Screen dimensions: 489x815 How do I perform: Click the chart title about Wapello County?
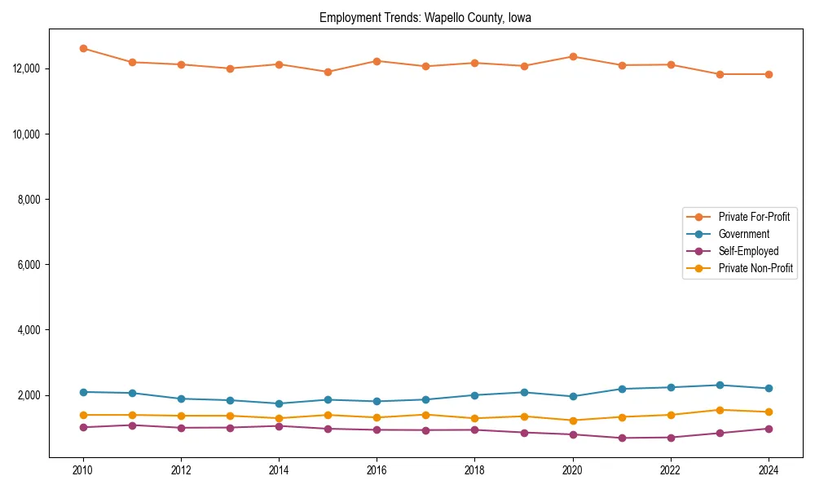pos(425,18)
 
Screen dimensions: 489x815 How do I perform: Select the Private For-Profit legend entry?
pos(754,217)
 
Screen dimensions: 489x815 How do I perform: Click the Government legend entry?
pos(743,234)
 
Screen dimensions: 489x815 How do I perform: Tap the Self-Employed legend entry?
pos(748,251)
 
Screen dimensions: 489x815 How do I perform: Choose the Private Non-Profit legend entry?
pos(756,268)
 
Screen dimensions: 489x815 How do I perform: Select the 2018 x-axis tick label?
pos(474,470)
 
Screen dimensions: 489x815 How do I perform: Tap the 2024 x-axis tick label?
pos(769,470)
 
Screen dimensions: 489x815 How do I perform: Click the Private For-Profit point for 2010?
pos(83,48)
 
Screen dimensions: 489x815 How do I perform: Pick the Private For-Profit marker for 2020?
pos(573,56)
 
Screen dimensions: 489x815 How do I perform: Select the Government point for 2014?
pos(279,403)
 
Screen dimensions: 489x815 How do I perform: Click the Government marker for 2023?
pos(720,385)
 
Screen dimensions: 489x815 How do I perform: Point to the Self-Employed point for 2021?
pos(622,438)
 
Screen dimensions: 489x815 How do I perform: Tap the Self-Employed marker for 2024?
pos(769,429)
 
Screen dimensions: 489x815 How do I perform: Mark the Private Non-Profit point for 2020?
pos(573,421)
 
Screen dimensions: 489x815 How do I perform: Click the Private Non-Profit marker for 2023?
pos(720,410)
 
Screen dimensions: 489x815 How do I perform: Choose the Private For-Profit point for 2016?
pos(377,61)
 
